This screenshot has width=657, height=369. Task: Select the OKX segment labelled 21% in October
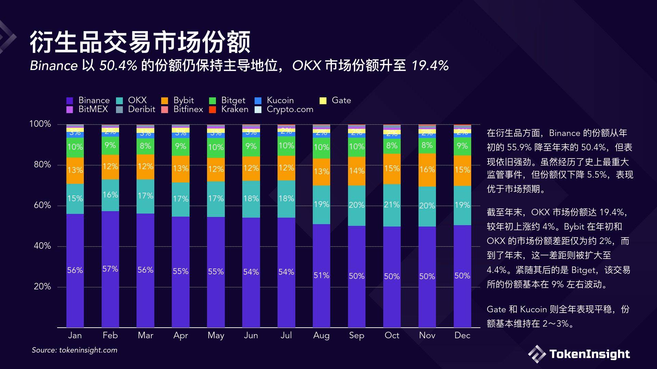pos(392,205)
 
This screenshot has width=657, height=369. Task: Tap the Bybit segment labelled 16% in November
pos(427,170)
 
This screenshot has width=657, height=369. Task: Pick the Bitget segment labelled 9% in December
pos(462,146)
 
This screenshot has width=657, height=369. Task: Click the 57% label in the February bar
pos(110,269)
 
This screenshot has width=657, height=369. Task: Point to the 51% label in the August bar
pos(321,275)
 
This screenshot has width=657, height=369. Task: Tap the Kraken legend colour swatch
pos(212,110)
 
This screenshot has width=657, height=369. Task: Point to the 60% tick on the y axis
pos(42,205)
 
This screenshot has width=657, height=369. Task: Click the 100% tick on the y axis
pos(40,124)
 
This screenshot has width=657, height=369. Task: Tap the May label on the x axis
pos(216,336)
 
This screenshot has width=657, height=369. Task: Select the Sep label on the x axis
pos(357,336)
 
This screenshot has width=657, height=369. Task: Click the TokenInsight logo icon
pos(537,354)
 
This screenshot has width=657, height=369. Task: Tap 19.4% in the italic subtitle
pos(430,66)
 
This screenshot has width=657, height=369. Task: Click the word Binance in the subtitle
pos(54,66)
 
